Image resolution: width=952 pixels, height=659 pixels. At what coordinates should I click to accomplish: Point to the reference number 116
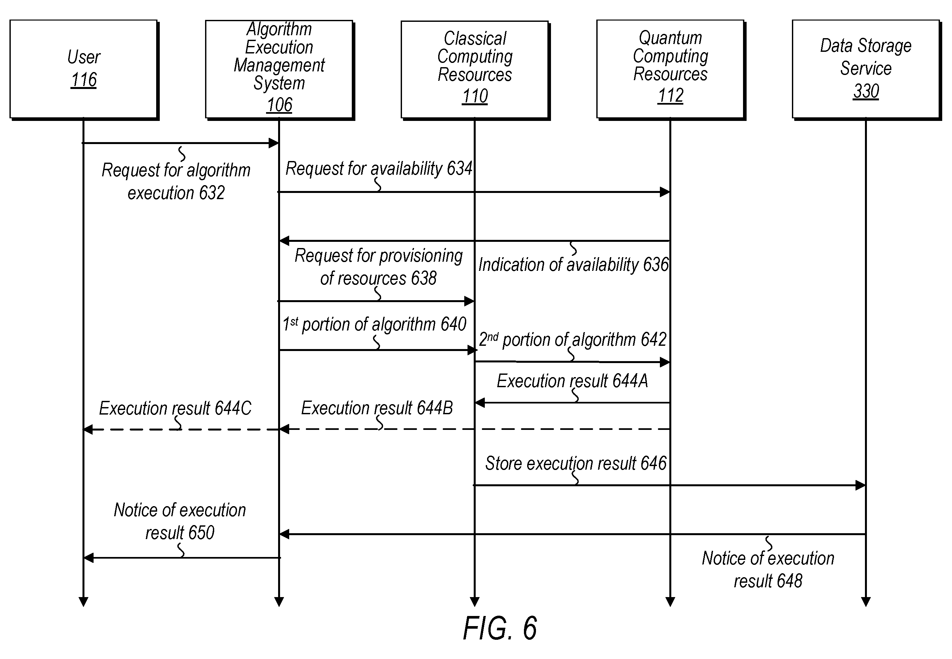pyautogui.click(x=84, y=80)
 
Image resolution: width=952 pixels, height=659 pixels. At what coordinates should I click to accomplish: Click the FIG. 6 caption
pyautogui.click(x=500, y=628)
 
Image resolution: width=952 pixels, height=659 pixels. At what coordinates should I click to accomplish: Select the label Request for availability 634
pyautogui.click(x=379, y=169)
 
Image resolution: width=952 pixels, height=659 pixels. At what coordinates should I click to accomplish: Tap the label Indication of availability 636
pyautogui.click(x=573, y=265)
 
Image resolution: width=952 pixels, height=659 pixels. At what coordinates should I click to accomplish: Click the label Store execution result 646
pyautogui.click(x=576, y=463)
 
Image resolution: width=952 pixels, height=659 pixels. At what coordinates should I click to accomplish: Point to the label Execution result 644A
pyautogui.click(x=573, y=381)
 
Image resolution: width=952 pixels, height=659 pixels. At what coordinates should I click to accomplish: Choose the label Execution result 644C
pyautogui.click(x=175, y=408)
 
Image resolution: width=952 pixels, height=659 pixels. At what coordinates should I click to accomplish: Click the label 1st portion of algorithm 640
pyautogui.click(x=374, y=325)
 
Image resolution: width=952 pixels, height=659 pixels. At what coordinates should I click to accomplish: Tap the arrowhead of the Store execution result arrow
pyautogui.click(x=861, y=485)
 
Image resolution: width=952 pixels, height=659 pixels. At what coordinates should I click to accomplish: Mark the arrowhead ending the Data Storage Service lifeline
pyautogui.click(x=866, y=602)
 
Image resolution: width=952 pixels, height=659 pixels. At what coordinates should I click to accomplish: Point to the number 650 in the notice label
pyautogui.click(x=201, y=533)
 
